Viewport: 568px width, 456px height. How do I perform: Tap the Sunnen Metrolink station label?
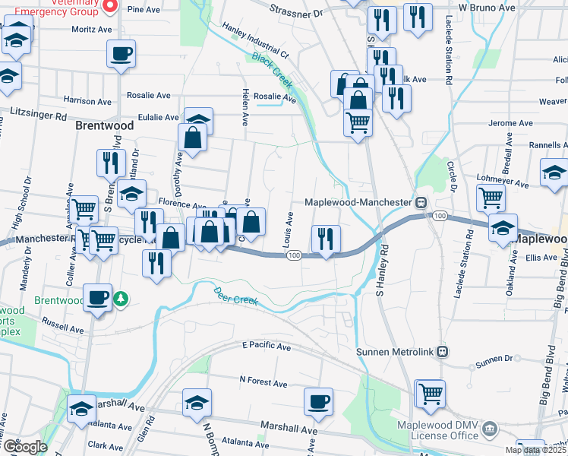point(396,351)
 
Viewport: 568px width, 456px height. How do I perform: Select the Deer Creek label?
point(235,296)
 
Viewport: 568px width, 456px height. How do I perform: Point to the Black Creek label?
point(272,68)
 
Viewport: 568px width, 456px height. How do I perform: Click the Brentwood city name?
point(105,125)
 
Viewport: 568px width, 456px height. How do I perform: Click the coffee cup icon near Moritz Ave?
point(121,54)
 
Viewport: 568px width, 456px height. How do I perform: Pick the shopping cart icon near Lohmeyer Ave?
point(491,198)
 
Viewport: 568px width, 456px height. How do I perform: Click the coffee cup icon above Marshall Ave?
point(318,401)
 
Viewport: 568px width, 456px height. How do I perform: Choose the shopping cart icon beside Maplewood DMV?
point(431,394)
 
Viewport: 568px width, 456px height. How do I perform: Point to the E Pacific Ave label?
point(267,346)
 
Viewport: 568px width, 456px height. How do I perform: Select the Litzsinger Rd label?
point(39,111)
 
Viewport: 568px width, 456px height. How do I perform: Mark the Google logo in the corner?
point(25,447)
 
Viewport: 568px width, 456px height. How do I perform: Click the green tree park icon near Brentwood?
point(120,299)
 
